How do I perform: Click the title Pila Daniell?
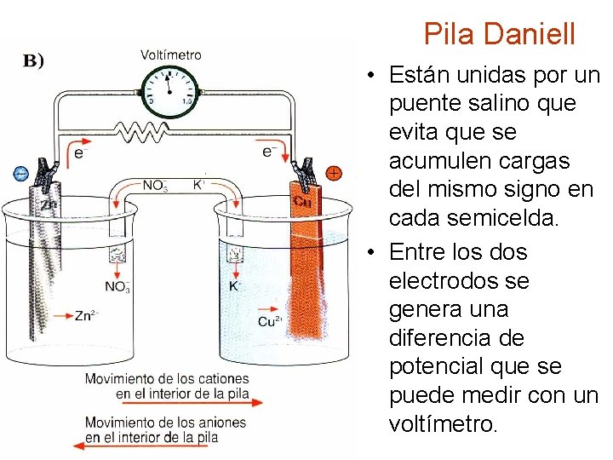tap(500, 34)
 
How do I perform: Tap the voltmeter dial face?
tap(169, 89)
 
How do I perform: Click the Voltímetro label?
tap(171, 55)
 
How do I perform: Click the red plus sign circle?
tap(334, 173)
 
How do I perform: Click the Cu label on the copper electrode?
tap(301, 202)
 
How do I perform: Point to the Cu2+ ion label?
tap(270, 321)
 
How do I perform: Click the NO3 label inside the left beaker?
tap(117, 286)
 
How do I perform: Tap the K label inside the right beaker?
tap(235, 286)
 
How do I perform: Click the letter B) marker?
tap(33, 60)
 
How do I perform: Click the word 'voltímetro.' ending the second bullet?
tap(442, 423)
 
